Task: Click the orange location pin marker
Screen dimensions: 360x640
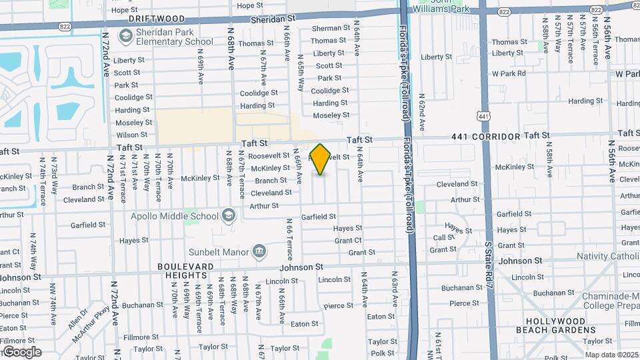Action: pos(320,159)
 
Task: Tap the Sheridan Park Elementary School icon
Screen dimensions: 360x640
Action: pos(125,35)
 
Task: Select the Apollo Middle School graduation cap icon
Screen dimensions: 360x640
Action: pos(229,215)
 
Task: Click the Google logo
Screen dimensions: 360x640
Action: pos(21,352)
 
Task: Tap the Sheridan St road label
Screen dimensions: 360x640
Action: pos(273,21)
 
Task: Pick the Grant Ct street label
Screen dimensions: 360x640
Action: pos(348,241)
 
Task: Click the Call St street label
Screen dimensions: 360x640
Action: pos(443,238)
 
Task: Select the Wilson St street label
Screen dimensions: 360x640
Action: pos(131,135)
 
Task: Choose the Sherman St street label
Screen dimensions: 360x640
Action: pos(331,28)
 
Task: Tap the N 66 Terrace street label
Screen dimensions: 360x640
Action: pos(289,239)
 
